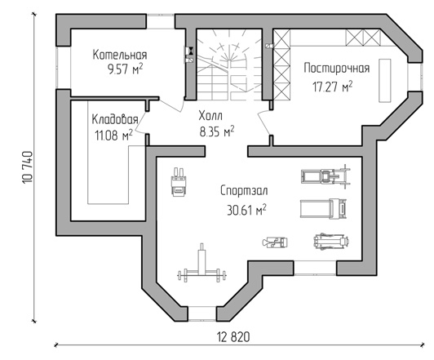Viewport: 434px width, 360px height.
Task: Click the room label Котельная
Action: click(120, 55)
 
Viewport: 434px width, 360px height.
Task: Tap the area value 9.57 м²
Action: click(126, 69)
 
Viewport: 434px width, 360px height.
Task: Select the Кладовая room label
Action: click(115, 119)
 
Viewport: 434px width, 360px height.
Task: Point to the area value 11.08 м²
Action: click(113, 136)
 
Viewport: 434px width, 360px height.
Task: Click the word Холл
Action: click(210, 116)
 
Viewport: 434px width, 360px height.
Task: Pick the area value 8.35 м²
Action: click(217, 131)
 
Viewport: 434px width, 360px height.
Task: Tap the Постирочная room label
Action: click(337, 68)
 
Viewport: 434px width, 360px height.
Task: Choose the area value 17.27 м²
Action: click(333, 87)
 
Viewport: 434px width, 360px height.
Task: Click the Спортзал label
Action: click(244, 191)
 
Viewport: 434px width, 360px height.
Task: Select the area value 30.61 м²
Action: click(246, 210)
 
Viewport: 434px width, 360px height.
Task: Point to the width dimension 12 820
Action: click(233, 337)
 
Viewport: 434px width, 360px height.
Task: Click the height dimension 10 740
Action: click(28, 167)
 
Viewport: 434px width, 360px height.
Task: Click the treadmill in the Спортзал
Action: click(324, 208)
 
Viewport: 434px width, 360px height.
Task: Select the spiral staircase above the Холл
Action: click(229, 64)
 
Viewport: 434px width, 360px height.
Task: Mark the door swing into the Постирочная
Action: click(264, 122)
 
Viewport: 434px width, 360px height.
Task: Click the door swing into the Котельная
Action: click(171, 104)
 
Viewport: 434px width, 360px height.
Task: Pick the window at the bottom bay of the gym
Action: click(202, 313)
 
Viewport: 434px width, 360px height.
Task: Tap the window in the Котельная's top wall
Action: click(161, 21)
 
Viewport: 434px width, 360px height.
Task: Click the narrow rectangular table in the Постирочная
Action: click(385, 81)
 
